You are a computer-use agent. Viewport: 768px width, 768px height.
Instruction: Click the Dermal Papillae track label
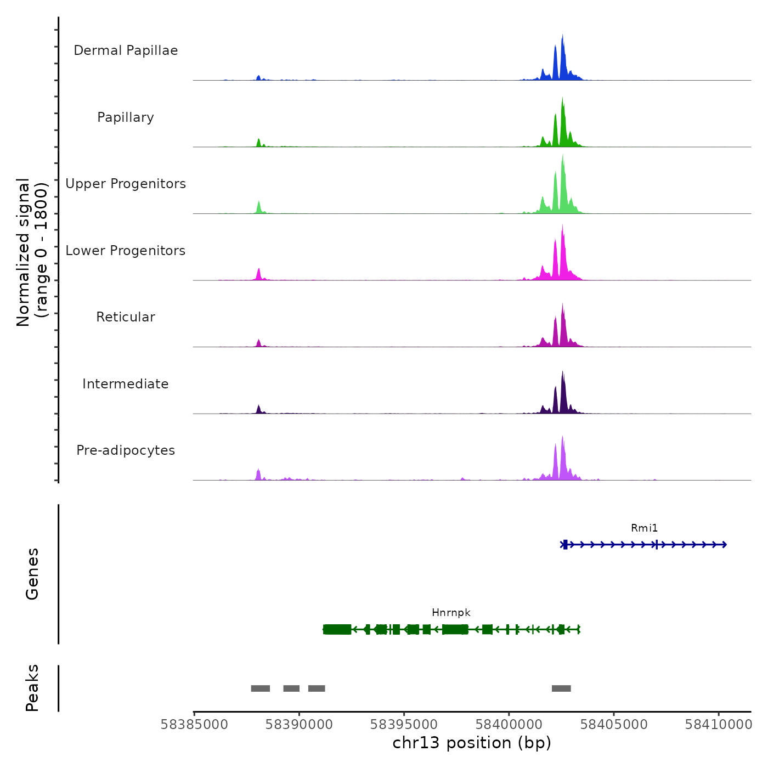tap(126, 50)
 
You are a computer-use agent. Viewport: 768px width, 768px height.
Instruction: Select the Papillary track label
tap(126, 117)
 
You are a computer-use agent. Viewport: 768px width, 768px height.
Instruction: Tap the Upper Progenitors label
tap(126, 184)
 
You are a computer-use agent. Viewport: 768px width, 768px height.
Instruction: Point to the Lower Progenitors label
tap(126, 251)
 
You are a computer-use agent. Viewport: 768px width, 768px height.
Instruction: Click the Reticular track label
tap(126, 317)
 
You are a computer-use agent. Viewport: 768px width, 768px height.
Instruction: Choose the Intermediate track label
tap(126, 384)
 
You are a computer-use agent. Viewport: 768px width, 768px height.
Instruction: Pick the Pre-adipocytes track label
tap(126, 450)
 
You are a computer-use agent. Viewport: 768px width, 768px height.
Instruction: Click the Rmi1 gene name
tap(644, 528)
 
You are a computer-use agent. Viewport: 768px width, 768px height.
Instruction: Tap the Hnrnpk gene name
tap(451, 613)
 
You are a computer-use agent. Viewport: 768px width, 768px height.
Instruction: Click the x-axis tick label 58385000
tap(194, 725)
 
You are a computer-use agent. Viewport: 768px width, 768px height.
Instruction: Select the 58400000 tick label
tap(509, 725)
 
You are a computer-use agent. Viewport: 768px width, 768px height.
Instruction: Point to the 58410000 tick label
tap(718, 725)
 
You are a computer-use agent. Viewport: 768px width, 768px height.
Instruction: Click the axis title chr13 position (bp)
tap(472, 743)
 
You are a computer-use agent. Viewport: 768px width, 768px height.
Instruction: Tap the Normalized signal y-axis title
tap(32, 252)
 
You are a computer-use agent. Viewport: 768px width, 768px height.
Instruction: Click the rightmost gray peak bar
tap(561, 688)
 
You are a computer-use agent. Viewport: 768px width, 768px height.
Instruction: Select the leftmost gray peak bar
tap(260, 688)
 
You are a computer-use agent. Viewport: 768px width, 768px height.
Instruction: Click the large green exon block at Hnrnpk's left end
tap(337, 629)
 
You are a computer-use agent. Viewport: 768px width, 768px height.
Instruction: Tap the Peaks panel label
tap(32, 688)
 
